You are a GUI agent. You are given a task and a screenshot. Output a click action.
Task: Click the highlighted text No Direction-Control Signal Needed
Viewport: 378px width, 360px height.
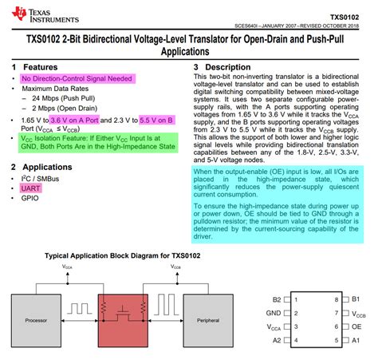pos(78,79)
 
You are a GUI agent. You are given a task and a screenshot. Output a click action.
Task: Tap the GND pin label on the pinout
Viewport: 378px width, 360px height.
pos(274,314)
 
